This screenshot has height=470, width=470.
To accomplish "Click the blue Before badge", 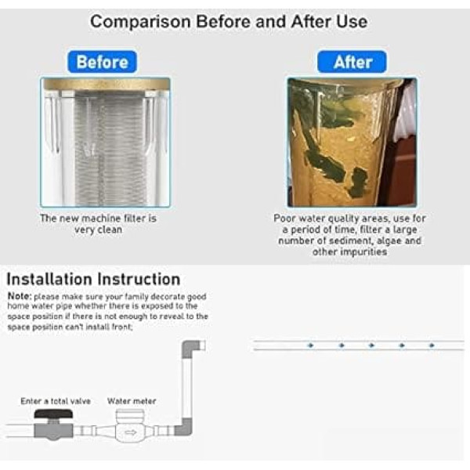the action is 102,62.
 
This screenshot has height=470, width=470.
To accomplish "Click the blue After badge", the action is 352,62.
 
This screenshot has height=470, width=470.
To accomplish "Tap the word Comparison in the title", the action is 140,22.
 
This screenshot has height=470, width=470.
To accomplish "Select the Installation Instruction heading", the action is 93,279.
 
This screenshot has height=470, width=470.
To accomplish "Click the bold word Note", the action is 19,296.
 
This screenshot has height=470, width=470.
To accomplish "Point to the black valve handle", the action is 53,414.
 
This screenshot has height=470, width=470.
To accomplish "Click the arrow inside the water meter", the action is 131,432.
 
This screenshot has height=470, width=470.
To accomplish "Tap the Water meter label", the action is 132,401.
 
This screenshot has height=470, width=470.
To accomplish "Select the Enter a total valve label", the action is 56,401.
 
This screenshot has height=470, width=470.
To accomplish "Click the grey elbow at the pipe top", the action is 191,349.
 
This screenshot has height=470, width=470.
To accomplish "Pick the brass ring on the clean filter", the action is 106,85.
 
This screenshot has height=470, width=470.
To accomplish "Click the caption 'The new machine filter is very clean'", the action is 99,224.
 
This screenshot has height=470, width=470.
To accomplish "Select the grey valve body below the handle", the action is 53,431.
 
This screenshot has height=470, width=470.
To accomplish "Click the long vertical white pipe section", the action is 187,389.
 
